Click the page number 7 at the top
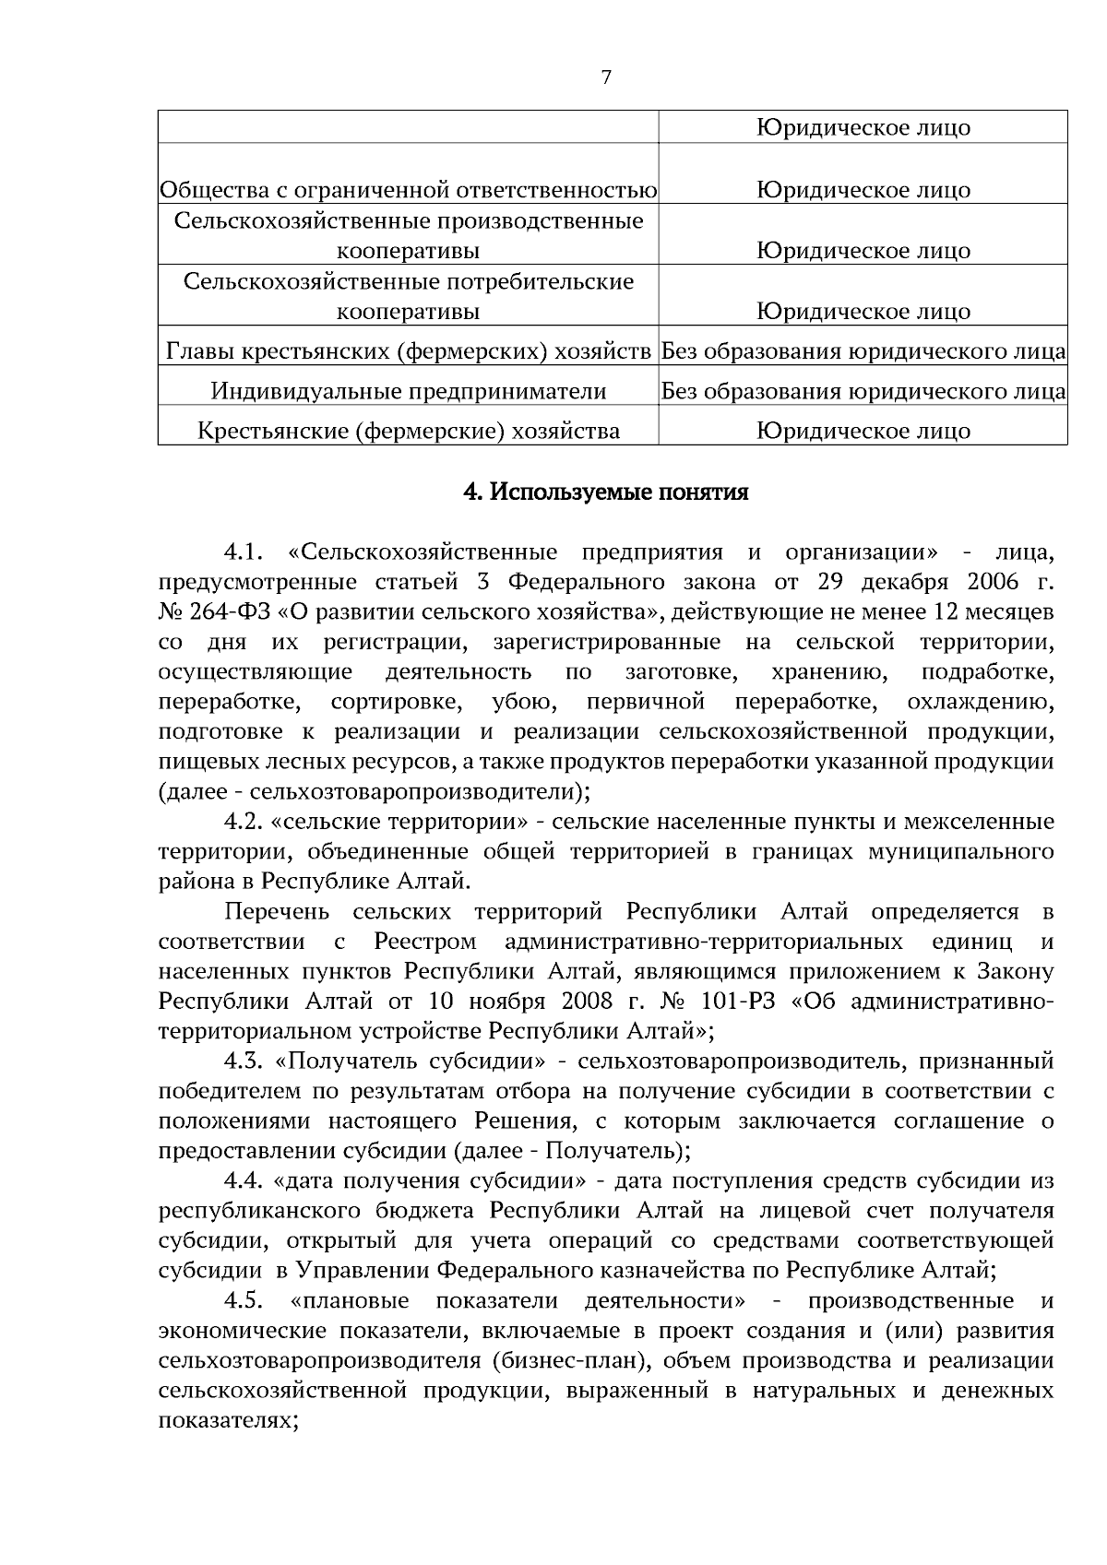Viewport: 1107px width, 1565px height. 606,77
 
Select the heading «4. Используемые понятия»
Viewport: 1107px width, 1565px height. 605,492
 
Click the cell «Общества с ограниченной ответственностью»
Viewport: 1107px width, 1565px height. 409,190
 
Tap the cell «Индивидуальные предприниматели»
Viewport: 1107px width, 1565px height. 409,391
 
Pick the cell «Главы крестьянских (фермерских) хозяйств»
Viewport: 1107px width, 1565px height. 409,351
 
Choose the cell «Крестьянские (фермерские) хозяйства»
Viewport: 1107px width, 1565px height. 409,431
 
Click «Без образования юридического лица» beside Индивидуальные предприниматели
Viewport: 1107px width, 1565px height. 863,391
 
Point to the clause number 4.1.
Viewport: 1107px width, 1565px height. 244,552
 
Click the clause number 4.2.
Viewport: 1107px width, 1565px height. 244,822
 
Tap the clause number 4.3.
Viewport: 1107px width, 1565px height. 244,1061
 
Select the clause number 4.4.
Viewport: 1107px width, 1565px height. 244,1181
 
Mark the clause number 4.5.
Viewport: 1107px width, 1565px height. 244,1301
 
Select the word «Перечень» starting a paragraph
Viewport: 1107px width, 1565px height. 277,912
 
